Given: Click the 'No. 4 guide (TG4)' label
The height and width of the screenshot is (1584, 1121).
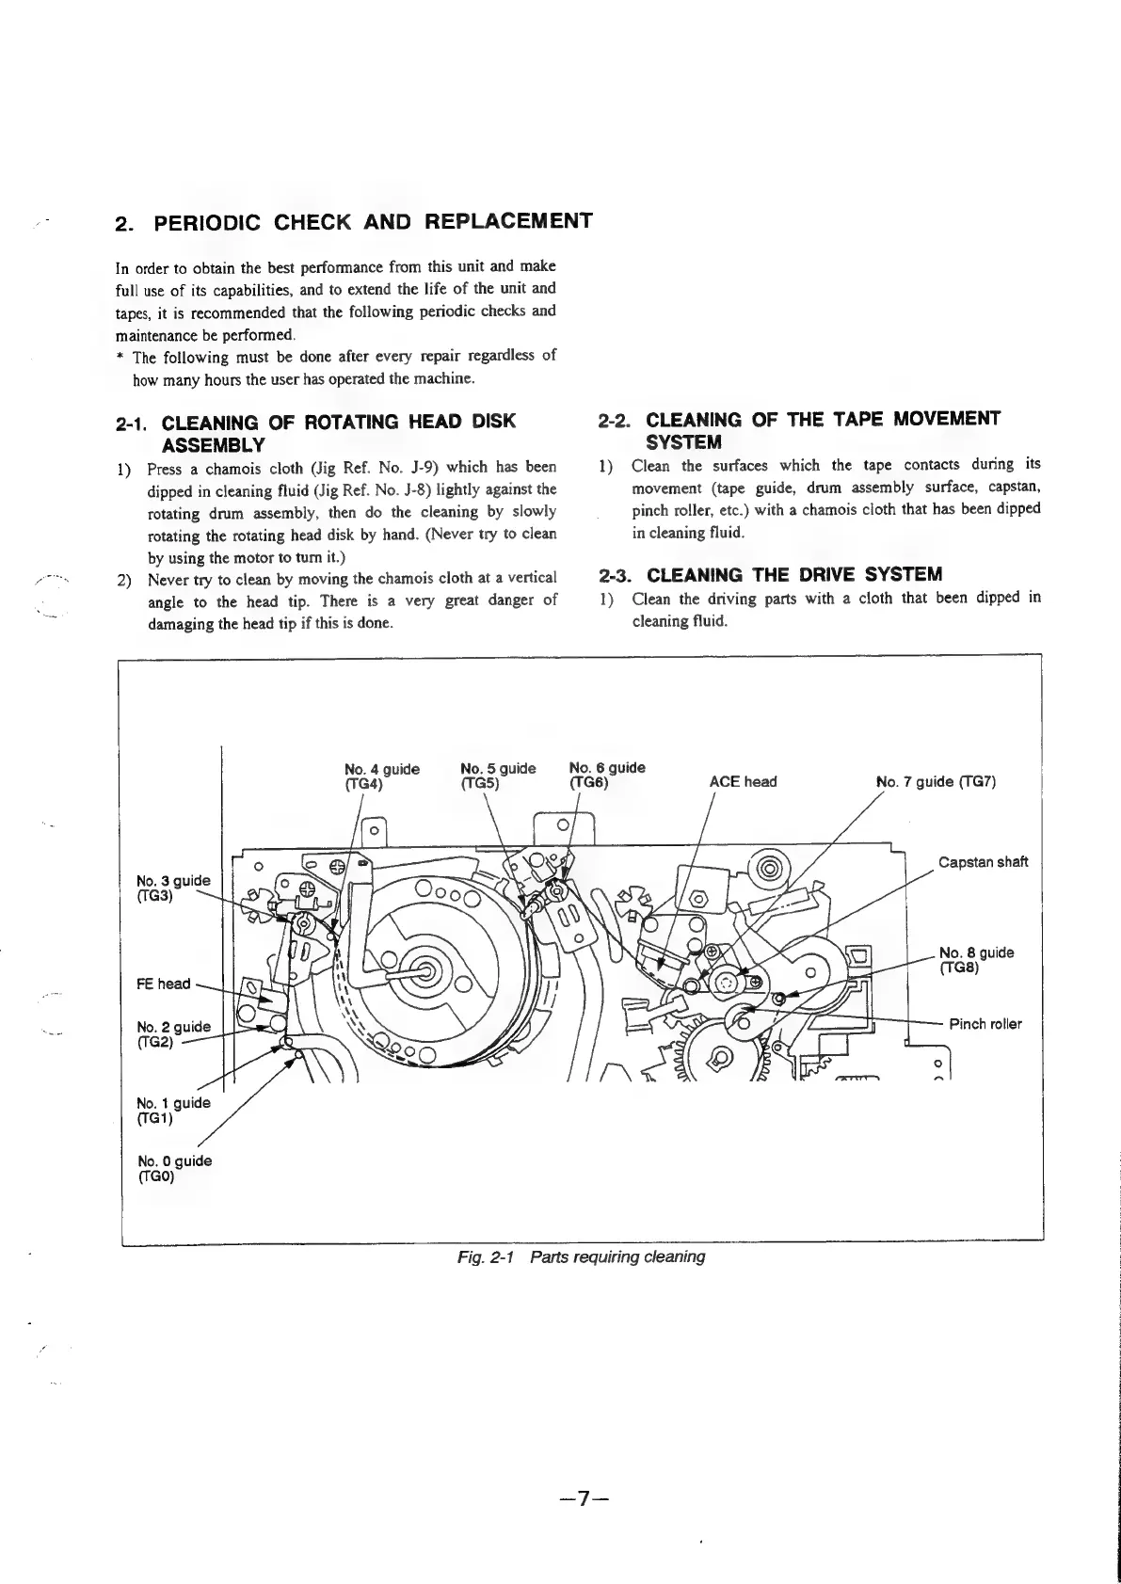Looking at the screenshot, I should pos(382,776).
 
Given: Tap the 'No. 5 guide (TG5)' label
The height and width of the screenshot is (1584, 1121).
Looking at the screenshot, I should pos(498,776).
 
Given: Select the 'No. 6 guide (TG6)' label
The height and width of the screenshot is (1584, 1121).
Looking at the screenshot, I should pos(607,775).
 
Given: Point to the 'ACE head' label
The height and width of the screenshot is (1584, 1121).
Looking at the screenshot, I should pos(743,782).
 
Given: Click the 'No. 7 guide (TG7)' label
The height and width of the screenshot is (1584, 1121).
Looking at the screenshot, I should pos(936,782).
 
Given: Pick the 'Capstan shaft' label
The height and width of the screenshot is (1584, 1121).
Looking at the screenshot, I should pos(984,862).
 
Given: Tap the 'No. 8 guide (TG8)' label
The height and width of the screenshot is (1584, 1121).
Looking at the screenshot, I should pos(976,960).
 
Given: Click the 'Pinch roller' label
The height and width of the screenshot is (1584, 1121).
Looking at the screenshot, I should pos(985,1024).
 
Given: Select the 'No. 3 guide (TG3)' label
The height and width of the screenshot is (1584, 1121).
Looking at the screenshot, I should pos(173,888).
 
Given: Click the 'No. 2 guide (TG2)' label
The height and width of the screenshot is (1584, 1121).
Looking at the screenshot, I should pos(173,1033).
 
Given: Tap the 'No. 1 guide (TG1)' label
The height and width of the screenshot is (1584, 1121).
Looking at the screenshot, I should pos(173,1111).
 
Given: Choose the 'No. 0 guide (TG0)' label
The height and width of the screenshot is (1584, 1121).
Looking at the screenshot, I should pos(174,1168).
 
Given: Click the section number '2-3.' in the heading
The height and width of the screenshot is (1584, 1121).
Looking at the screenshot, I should pos(617,575).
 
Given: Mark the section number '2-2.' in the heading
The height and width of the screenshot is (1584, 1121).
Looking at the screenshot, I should pos(617,420).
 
